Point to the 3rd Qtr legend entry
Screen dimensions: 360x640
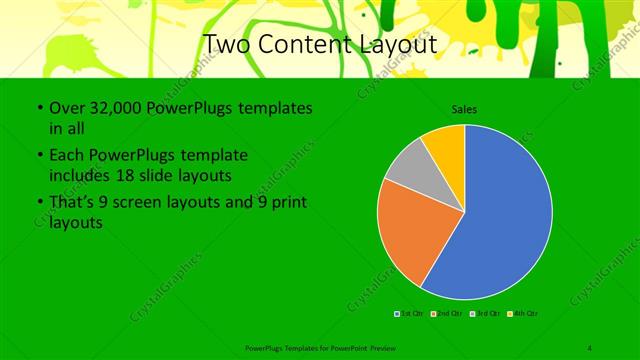486,313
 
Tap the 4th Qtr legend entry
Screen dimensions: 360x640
524,313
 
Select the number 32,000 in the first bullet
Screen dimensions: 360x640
106,108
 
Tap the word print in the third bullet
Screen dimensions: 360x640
290,203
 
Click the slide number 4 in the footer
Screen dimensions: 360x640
590,347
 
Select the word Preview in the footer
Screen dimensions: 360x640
393,347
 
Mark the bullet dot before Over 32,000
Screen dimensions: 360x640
38,108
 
